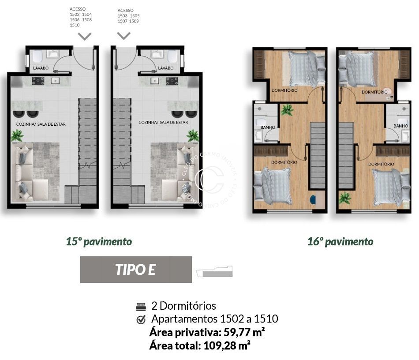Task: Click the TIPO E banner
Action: tap(136, 270)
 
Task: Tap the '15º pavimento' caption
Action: tap(99, 242)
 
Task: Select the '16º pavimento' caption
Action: tap(340, 242)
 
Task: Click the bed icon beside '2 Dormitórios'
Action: tap(141, 306)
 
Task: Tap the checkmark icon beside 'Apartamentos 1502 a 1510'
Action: tap(141, 319)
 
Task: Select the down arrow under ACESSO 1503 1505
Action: tap(123, 35)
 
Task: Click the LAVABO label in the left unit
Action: tap(41, 68)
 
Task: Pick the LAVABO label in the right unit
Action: tap(165, 68)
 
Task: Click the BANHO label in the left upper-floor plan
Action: tap(268, 127)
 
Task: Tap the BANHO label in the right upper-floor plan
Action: tap(400, 126)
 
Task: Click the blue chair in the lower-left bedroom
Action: tap(313, 199)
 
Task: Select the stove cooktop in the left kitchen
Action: tap(38, 81)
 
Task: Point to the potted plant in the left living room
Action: tap(17, 135)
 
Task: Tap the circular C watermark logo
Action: tap(210, 179)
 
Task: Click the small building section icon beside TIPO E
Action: tap(216, 271)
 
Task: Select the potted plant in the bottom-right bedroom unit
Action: tap(345, 198)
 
